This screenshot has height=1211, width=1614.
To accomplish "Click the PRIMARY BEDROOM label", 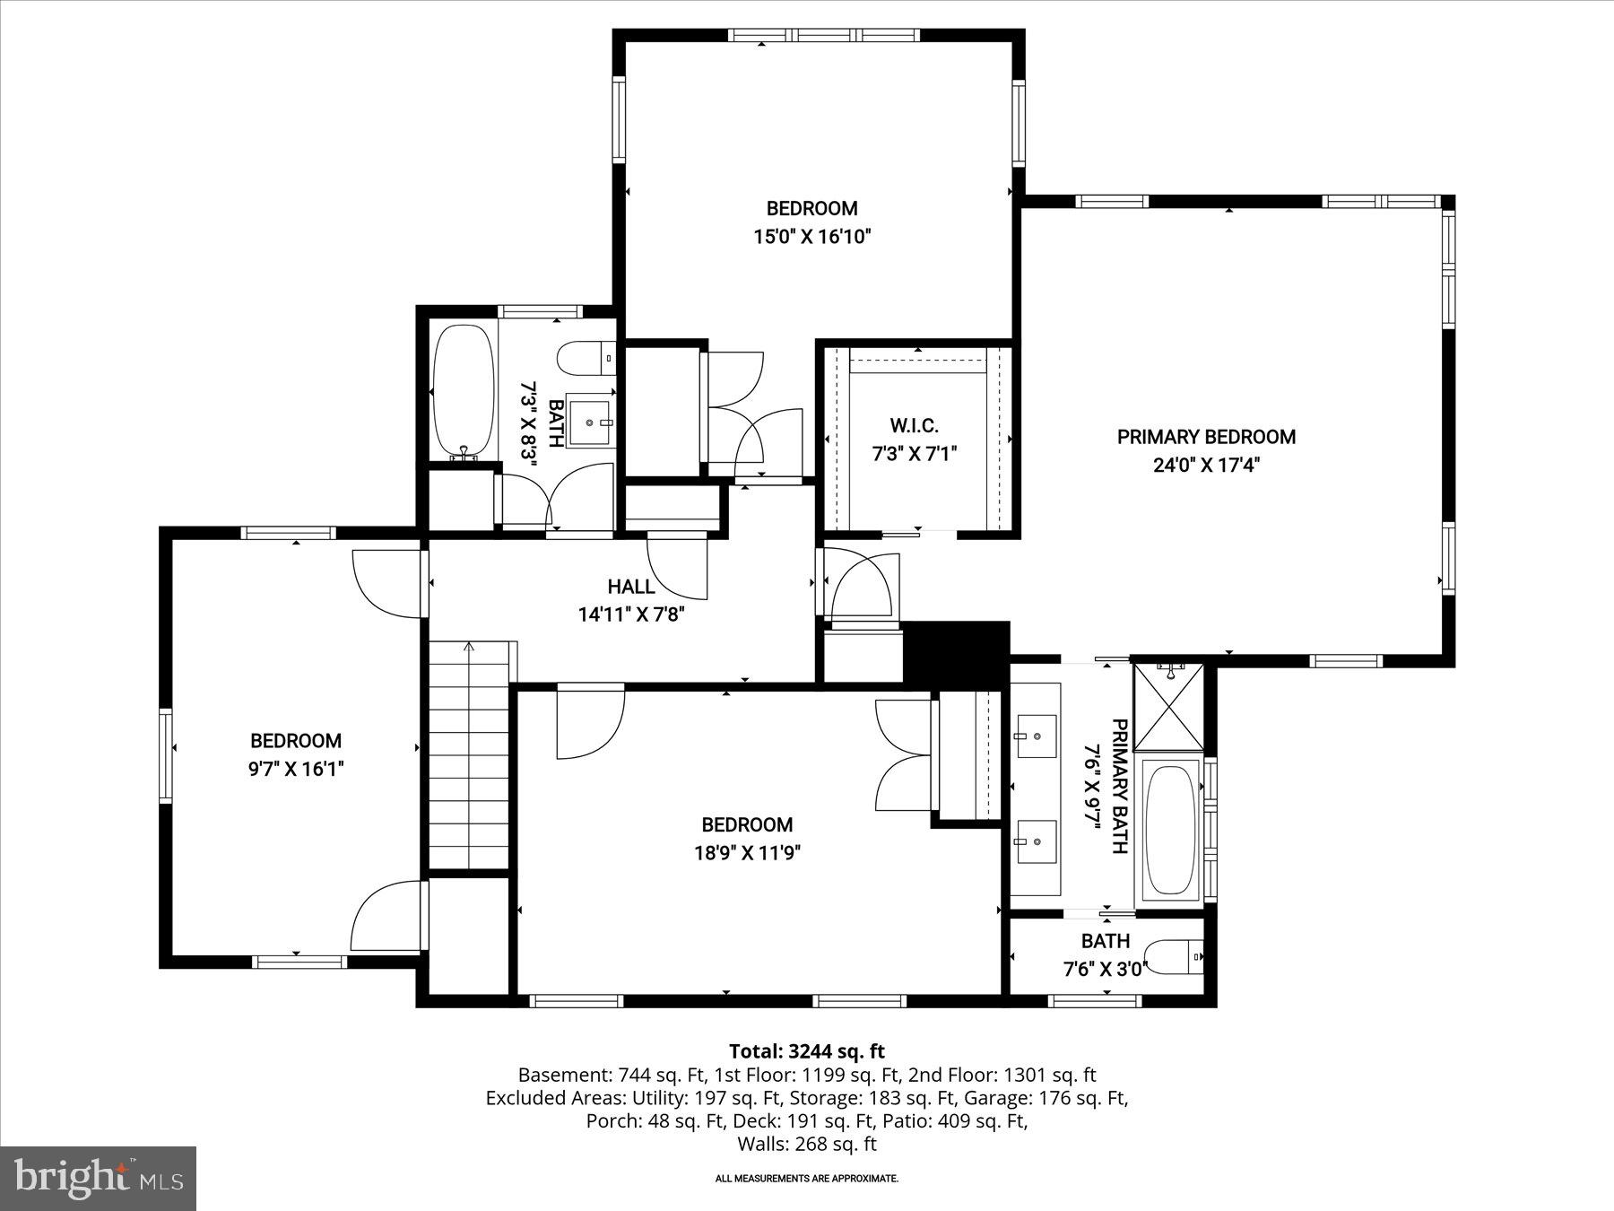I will [x=1206, y=437].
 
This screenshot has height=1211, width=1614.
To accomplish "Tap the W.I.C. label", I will [x=914, y=425].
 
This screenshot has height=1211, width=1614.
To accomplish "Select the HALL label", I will [x=631, y=587].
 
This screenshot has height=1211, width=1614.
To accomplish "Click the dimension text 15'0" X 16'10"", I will [x=811, y=237].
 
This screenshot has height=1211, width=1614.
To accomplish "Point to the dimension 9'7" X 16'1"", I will [x=296, y=769].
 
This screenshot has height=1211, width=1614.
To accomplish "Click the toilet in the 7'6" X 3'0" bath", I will [x=1176, y=958].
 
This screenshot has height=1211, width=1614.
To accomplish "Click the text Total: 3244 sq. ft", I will [x=806, y=1051].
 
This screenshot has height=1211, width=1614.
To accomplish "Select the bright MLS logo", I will [x=99, y=1178].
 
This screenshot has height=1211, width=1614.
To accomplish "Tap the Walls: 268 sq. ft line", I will [x=806, y=1144].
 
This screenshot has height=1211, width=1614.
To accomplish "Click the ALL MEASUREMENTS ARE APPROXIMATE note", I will [x=806, y=1179].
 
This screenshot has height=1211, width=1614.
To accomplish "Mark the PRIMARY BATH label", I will [x=1119, y=786].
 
